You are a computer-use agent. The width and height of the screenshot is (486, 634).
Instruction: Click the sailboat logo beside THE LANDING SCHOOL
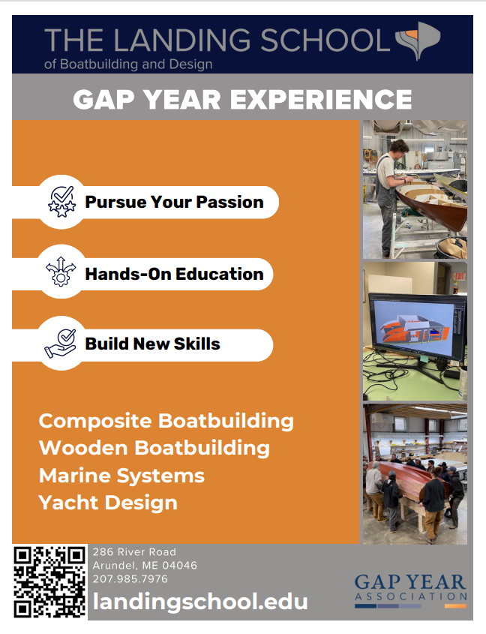(x=417, y=41)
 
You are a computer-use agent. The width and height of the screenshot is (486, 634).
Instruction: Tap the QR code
(x=49, y=581)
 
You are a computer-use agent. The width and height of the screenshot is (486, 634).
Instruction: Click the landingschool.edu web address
(x=200, y=601)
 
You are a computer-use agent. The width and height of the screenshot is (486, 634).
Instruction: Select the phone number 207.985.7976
(x=130, y=579)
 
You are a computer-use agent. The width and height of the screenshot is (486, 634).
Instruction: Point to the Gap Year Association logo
(x=411, y=590)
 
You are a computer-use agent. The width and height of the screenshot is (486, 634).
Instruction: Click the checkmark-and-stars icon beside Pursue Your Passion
(x=61, y=201)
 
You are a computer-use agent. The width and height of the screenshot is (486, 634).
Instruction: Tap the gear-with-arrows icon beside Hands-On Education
(x=61, y=272)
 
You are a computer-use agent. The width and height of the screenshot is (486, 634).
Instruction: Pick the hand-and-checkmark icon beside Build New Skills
(x=61, y=344)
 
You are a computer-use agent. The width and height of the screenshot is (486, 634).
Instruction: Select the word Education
(x=220, y=274)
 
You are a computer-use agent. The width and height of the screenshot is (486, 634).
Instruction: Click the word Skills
(x=197, y=344)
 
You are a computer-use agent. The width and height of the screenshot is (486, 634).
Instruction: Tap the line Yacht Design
(x=108, y=503)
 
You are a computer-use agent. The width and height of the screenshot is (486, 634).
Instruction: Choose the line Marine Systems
(x=121, y=476)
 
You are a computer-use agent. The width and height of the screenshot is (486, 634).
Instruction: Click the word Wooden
(x=83, y=448)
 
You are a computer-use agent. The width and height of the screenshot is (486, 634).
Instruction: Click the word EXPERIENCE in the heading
(x=321, y=100)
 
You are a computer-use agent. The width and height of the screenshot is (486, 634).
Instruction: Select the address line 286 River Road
(x=135, y=552)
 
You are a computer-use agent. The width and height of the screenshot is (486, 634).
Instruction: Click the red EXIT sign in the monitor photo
(x=459, y=277)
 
